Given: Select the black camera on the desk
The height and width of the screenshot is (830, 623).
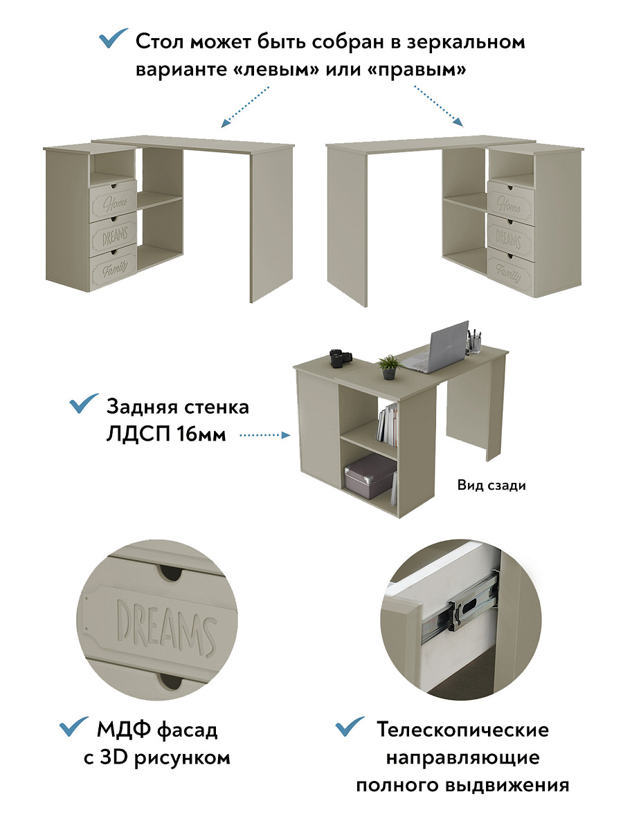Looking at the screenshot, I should tap(339, 358).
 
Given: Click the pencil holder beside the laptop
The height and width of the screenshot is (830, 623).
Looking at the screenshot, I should tap(476, 342).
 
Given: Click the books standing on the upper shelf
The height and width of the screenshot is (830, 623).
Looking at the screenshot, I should tap(388, 425).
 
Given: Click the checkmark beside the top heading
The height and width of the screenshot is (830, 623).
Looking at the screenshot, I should tap(114, 39).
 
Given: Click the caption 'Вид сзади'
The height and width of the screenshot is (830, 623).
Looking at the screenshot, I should tap(491, 486).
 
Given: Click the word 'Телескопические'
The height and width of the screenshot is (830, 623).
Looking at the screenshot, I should tap(462, 730).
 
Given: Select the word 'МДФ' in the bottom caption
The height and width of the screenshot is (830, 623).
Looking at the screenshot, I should tap(125, 729).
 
